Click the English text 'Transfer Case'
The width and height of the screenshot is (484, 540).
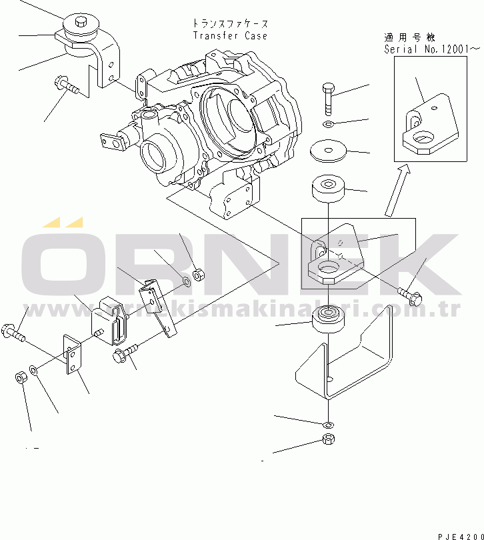point(230,35)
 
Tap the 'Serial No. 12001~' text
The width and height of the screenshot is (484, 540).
point(431,49)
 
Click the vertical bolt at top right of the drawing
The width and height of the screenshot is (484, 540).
point(328,99)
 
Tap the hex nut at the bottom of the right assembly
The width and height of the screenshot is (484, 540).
point(327,439)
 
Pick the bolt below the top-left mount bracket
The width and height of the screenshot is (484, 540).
point(67,86)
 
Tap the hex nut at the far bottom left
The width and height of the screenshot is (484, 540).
point(20,379)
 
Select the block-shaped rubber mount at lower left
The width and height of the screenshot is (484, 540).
point(106,322)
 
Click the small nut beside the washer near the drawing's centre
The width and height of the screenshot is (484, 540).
point(198,274)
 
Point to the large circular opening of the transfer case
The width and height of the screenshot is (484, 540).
point(229,121)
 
